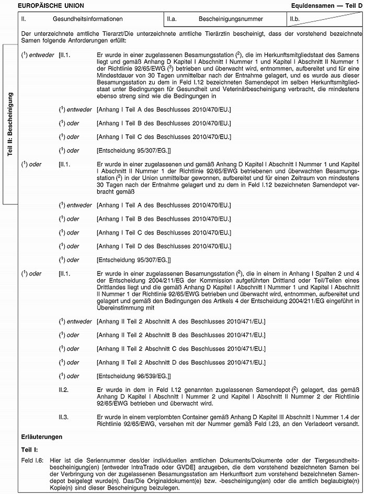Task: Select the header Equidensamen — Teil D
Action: pos(327,5)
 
